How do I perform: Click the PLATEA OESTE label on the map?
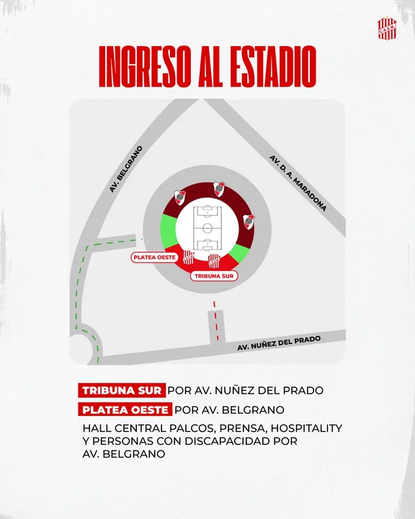[x=154, y=257]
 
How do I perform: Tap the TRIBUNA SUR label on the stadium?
[x=214, y=275]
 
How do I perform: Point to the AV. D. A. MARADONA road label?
[x=298, y=182]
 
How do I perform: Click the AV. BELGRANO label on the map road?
[x=126, y=170]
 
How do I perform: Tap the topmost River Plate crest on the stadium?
[x=219, y=189]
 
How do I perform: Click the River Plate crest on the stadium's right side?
[x=249, y=221]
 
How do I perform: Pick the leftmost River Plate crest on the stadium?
[x=180, y=197]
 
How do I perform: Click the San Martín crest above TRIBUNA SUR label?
[x=213, y=260]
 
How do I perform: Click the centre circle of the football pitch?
[x=207, y=226]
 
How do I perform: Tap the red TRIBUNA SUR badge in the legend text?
[x=122, y=390]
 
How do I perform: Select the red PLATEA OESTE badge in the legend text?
[x=125, y=409]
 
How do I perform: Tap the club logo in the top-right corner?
[x=386, y=29]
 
